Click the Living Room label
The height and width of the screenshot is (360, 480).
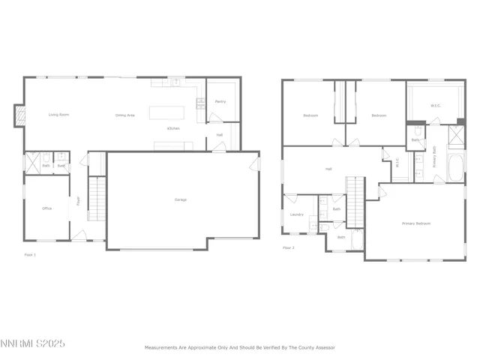click(x=59, y=115)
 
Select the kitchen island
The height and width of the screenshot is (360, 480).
click(x=166, y=113)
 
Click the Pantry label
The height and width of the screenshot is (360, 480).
click(x=220, y=101)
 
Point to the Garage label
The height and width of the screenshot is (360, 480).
click(x=181, y=199)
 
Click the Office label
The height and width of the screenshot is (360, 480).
click(x=46, y=208)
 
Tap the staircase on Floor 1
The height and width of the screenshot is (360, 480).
click(x=95, y=195)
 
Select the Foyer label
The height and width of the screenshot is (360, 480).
click(x=77, y=201)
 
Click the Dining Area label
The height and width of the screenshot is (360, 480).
click(x=124, y=115)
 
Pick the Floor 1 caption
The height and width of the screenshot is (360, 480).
click(x=30, y=255)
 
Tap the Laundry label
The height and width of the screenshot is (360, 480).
click(x=296, y=215)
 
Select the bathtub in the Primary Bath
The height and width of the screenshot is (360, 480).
click(x=454, y=168)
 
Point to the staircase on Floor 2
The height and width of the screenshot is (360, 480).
click(x=354, y=200)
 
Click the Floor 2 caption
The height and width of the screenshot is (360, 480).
click(x=289, y=247)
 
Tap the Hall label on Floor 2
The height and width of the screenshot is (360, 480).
click(x=328, y=169)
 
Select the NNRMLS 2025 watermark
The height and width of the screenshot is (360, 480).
click(x=34, y=344)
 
